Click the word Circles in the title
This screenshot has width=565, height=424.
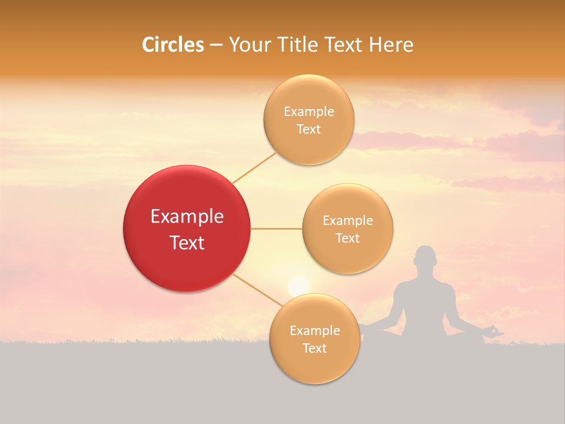tap(172, 45)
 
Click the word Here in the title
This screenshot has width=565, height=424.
tap(391, 45)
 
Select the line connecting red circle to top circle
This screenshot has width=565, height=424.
tap(254, 167)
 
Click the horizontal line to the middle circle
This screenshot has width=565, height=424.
tap(276, 228)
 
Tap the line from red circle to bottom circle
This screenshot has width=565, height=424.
tap(257, 290)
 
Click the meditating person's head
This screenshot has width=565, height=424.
tap(424, 257)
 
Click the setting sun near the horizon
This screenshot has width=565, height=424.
tap(298, 286)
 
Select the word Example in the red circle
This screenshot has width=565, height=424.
tap(187, 217)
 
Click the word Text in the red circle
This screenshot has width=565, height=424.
tap(187, 243)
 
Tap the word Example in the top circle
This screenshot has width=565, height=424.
tap(309, 112)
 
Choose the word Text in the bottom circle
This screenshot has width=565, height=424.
tap(314, 348)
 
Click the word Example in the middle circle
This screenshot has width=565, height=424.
tap(348, 221)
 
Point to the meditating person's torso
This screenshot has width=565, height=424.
tap(424, 300)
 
